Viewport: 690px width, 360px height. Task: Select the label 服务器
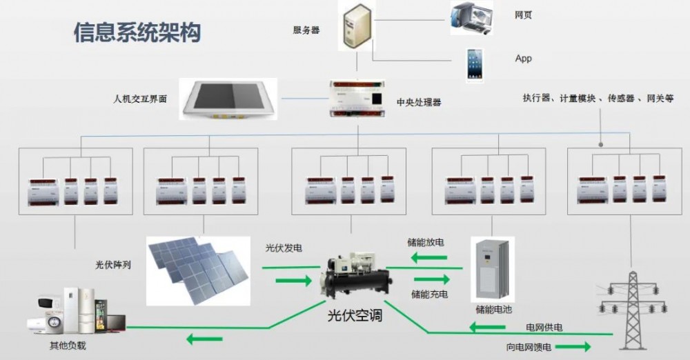coord(306,30)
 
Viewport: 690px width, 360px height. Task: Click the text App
coord(524,59)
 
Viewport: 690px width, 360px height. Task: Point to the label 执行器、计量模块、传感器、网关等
coord(598,99)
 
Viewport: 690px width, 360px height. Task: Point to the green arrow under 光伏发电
coord(293,281)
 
